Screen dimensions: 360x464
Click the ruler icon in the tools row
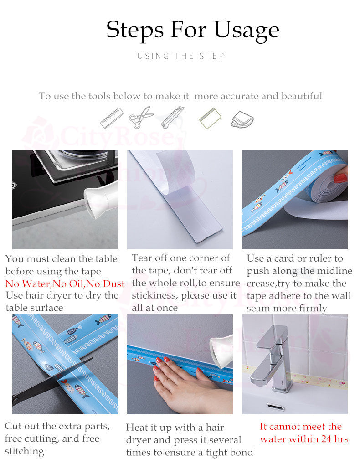tap(112, 118)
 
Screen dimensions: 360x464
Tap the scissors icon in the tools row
tap(141, 117)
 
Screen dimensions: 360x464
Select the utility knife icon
tap(172, 117)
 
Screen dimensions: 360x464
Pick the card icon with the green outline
tap(210, 119)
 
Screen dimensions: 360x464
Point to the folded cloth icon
tap(242, 119)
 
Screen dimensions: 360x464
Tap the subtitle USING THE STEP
tap(181, 56)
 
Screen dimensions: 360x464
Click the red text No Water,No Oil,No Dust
tap(65, 284)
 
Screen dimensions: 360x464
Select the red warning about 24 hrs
tap(304, 433)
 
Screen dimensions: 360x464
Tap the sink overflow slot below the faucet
tap(276, 407)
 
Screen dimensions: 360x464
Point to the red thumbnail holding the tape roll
tap(340, 178)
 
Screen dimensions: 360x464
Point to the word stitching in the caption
tap(24, 451)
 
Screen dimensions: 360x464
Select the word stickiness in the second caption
tap(154, 295)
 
